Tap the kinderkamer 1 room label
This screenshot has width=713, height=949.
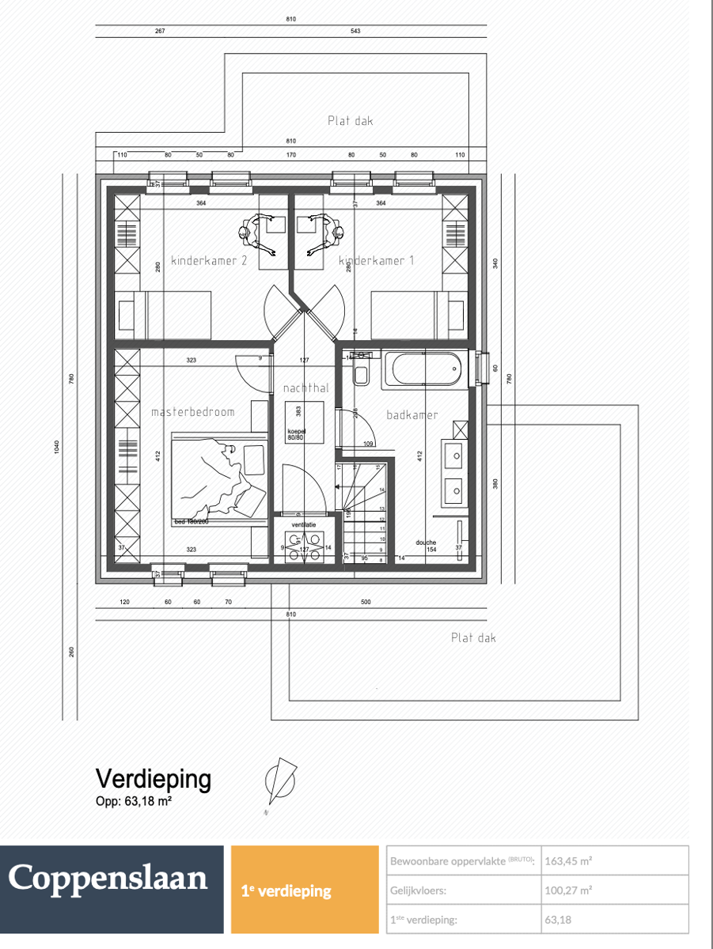(377, 261)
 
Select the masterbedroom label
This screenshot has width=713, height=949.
(193, 412)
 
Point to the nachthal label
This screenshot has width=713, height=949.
(305, 388)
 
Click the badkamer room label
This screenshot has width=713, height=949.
(411, 414)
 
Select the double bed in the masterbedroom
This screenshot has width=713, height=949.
(218, 479)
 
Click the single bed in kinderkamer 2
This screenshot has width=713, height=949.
(165, 315)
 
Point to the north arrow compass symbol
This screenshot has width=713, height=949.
(279, 782)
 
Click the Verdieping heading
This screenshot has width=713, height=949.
(153, 779)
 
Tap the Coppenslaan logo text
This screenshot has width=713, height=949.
(108, 879)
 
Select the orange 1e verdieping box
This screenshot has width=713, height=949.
(305, 890)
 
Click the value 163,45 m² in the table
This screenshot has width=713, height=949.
(568, 860)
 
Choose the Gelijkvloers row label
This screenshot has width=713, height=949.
(418, 890)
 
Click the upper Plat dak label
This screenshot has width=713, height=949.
(350, 121)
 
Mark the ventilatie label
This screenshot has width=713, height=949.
(305, 524)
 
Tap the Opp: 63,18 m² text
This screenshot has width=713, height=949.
(134, 801)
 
